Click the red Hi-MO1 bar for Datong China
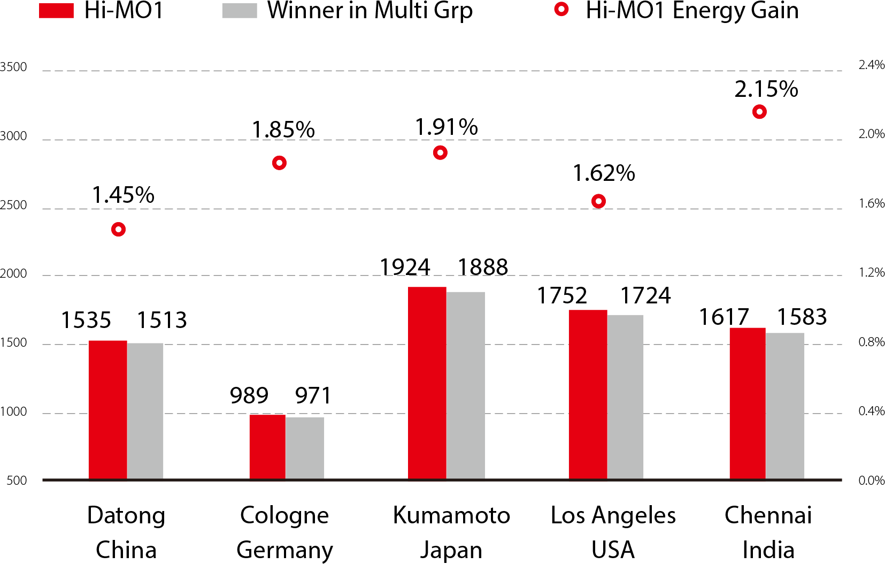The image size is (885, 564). [x=107, y=409]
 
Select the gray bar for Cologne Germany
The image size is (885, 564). [x=305, y=448]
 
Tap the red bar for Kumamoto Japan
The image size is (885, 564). [x=427, y=383]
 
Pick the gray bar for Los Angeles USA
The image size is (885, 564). [x=625, y=397]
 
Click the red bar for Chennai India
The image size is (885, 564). [x=748, y=403]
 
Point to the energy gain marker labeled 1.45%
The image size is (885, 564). [x=118, y=230]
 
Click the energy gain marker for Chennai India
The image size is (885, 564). [x=759, y=112]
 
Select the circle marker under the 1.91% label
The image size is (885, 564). [x=440, y=153]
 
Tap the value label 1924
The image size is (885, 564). [x=405, y=267]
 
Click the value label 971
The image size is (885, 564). [x=313, y=396]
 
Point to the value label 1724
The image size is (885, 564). [x=645, y=295]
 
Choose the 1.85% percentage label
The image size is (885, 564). [x=283, y=129]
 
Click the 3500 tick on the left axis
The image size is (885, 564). [x=13, y=67]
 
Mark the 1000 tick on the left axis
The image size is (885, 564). [x=13, y=411]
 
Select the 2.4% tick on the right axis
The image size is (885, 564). [x=872, y=65]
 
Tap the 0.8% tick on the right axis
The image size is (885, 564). [x=872, y=342]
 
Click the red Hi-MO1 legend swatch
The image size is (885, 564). [x=56, y=11]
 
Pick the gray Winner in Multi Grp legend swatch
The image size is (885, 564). [x=240, y=11]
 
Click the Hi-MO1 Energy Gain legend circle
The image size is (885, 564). [x=561, y=9]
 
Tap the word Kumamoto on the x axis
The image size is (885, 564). [x=451, y=515]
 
